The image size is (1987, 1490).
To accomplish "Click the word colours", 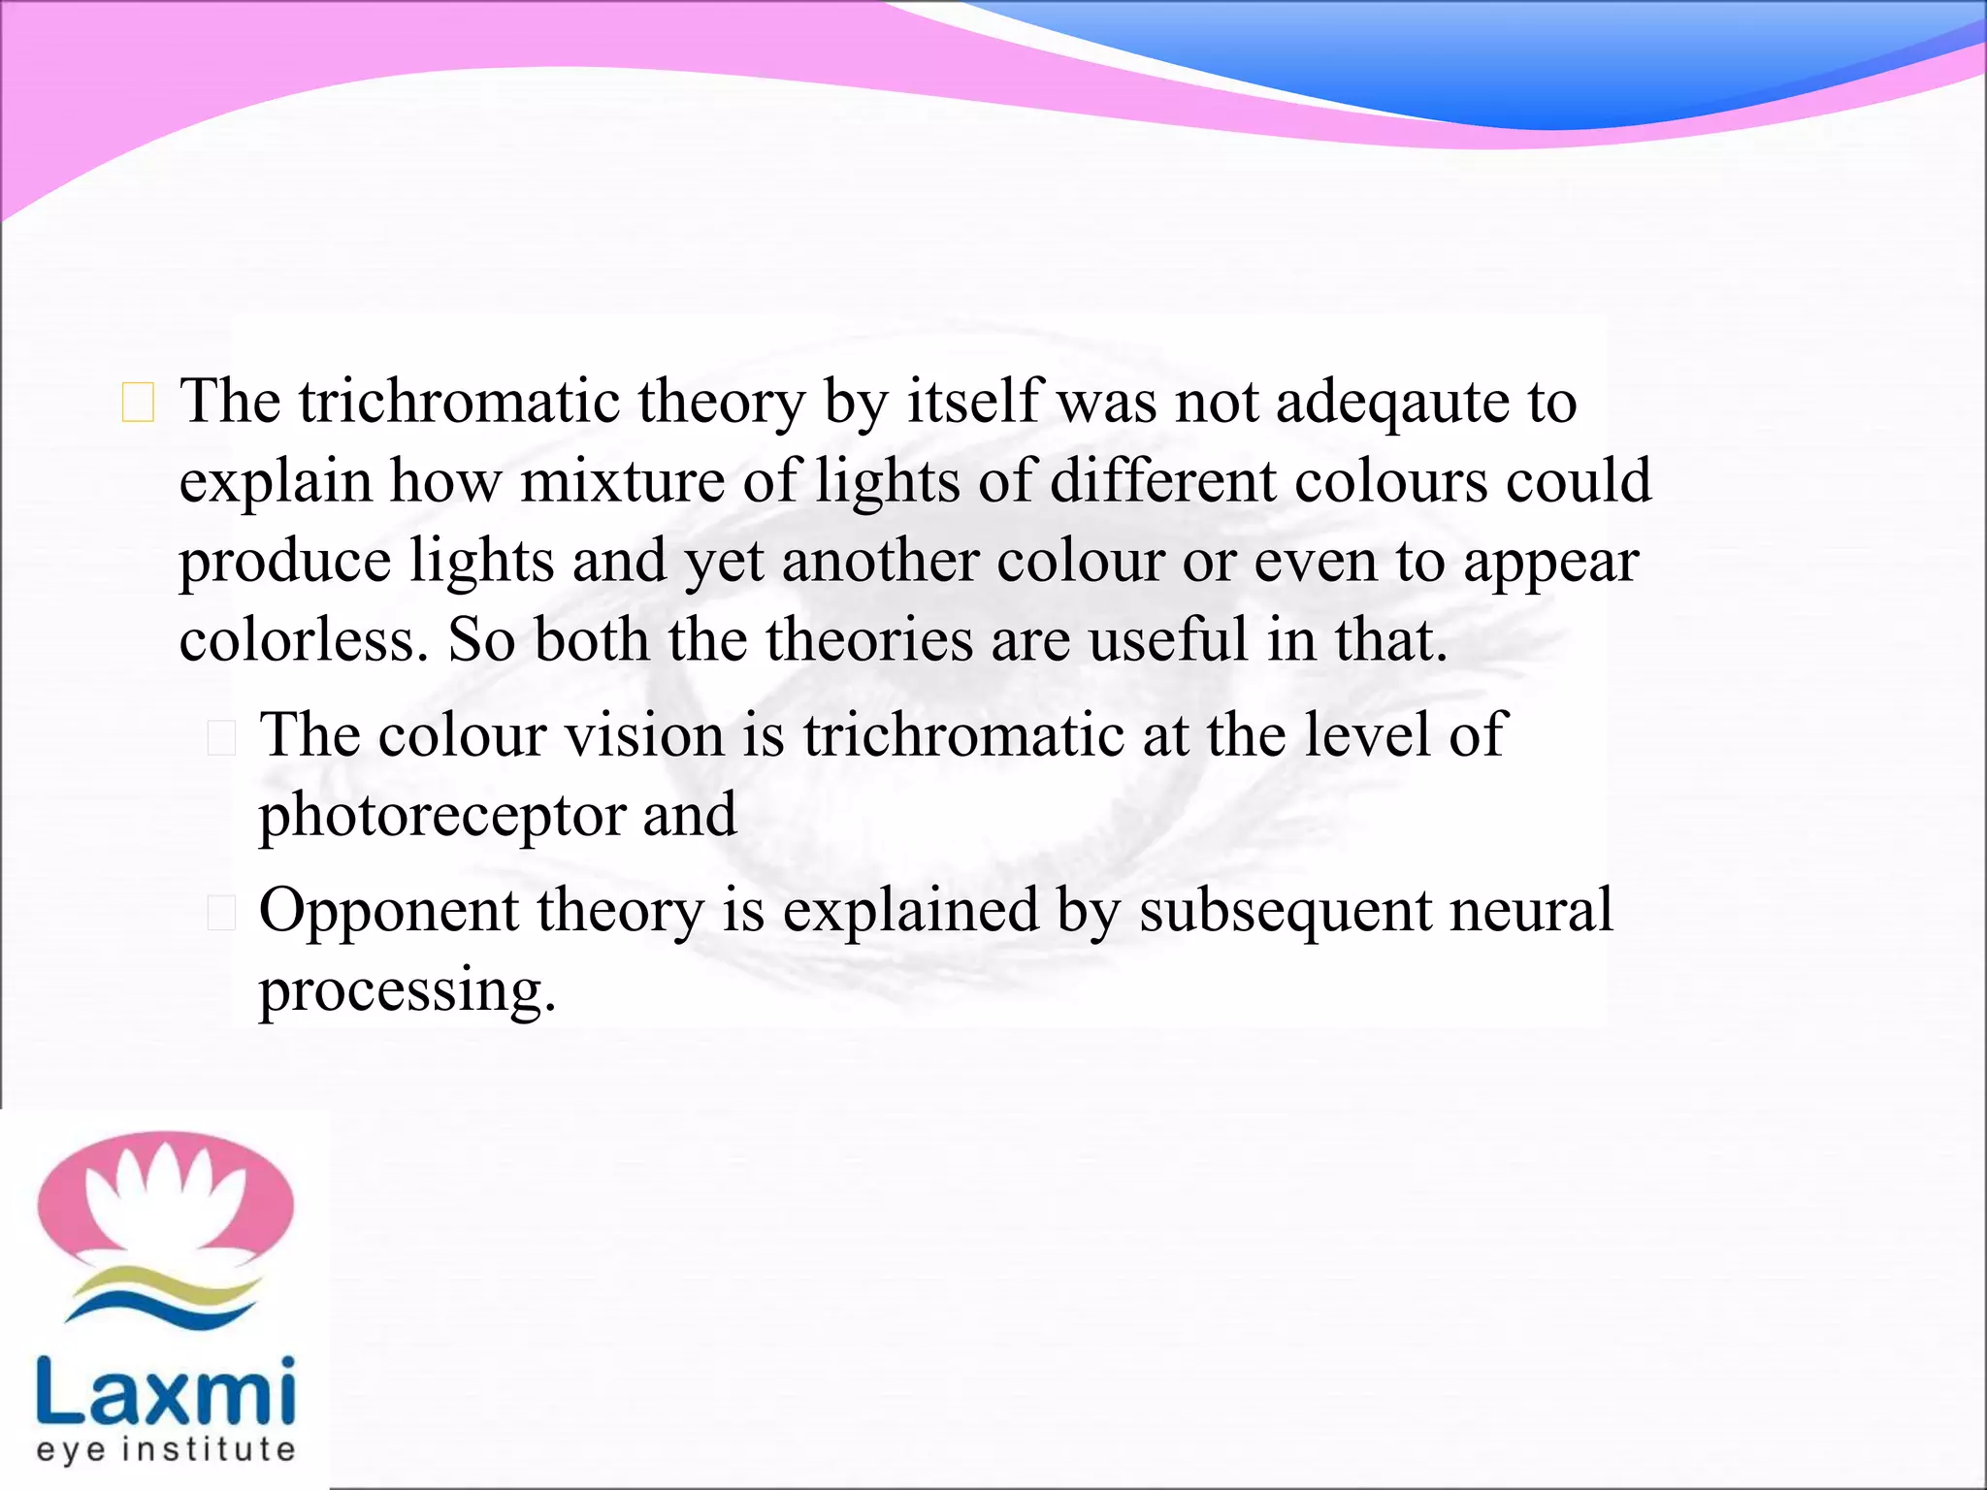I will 1389,482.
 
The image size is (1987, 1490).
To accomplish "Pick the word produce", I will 284,563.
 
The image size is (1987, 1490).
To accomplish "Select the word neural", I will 1530,911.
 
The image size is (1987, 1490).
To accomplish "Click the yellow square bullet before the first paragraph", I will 138,404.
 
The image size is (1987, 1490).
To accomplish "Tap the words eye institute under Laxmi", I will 165,1449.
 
